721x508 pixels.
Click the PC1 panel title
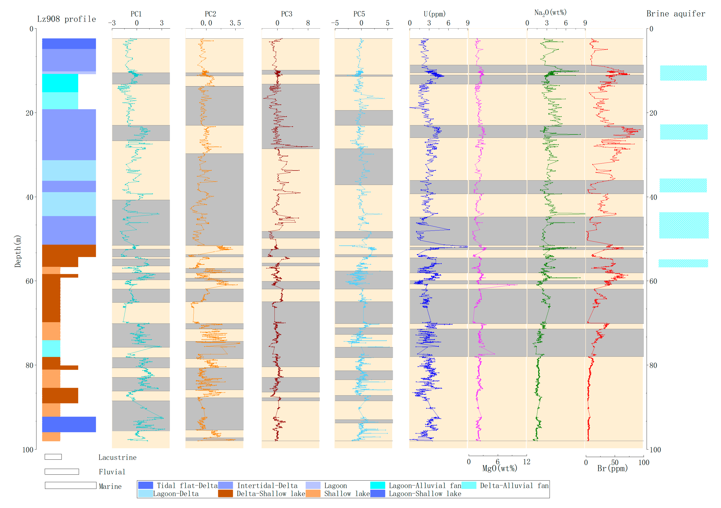point(136,14)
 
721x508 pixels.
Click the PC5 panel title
point(359,14)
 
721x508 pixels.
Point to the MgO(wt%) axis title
point(500,468)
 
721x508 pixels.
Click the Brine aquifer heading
point(676,14)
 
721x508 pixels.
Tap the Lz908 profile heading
point(66,19)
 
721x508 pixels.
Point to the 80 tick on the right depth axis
point(653,365)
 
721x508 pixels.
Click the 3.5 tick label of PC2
point(235,23)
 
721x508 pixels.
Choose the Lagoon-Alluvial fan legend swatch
point(378,485)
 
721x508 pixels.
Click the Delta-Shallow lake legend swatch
point(225,493)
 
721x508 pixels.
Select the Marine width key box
point(70,485)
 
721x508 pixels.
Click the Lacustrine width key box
point(53,457)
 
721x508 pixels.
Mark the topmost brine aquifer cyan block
point(683,73)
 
